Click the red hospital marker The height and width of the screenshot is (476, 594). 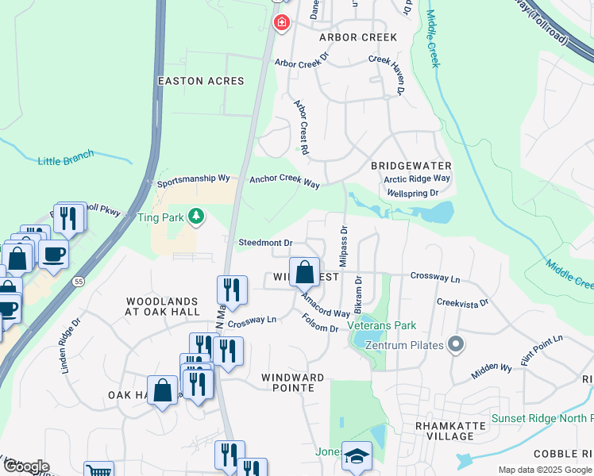280,23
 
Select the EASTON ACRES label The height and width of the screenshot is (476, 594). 201,81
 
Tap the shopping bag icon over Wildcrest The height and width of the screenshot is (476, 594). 304,273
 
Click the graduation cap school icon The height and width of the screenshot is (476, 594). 357,456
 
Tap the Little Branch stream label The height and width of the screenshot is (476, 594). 65,161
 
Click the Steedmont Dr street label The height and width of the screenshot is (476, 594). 266,242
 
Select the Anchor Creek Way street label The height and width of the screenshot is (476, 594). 284,182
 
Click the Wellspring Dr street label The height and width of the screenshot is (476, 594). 412,193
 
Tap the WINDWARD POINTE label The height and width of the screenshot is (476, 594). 292,378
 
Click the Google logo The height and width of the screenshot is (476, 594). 25,466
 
